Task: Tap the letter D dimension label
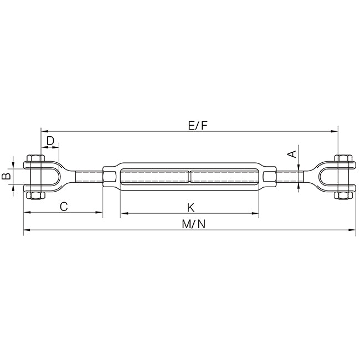(x=50, y=141)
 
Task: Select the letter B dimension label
(x=6, y=176)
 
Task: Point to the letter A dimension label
(x=292, y=155)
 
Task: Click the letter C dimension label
(x=64, y=207)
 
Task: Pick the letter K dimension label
(x=191, y=208)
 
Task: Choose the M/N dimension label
(x=194, y=224)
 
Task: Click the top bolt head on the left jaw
(x=35, y=158)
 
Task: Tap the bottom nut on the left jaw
(x=35, y=196)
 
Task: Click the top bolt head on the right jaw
(x=343, y=158)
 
